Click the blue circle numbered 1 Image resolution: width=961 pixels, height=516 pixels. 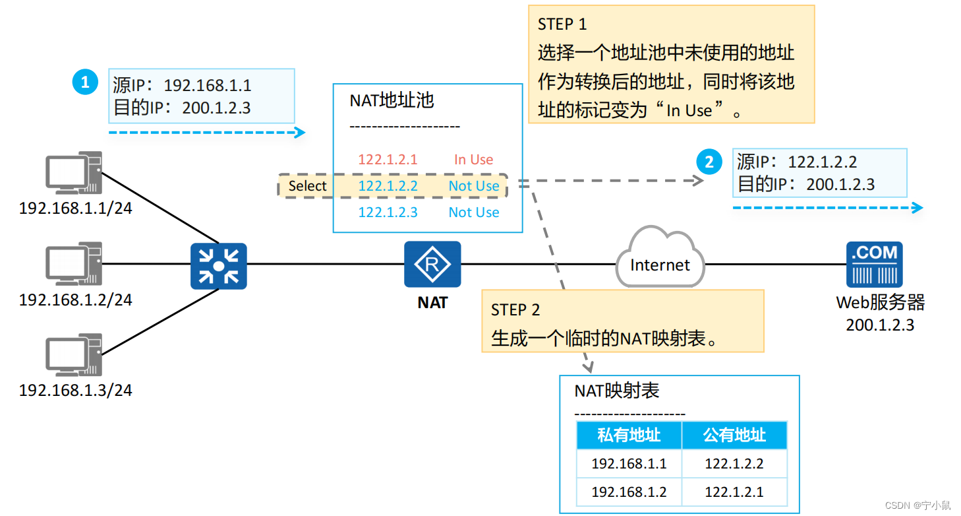84,82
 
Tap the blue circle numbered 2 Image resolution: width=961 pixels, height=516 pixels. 709,162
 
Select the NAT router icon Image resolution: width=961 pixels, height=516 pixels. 432,264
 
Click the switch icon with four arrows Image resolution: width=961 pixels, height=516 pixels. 219,266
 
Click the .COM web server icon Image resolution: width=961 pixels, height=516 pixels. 875,264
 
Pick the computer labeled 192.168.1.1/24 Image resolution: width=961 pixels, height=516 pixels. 74,173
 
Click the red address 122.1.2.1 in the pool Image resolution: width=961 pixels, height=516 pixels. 388,160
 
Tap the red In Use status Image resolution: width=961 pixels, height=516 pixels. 473,160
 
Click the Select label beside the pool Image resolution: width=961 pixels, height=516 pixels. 307,186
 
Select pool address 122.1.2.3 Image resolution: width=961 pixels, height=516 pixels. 388,212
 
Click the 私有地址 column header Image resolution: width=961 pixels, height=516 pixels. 629,435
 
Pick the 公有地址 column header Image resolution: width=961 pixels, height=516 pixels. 734,435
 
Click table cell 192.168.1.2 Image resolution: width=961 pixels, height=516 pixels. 629,492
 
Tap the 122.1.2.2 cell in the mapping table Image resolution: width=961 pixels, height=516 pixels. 734,464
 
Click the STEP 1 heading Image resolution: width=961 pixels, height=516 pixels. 562,24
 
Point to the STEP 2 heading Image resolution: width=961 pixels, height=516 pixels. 515,309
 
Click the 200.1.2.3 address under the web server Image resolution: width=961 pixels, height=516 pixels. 880,325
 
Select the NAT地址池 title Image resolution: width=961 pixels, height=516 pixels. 392,101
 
